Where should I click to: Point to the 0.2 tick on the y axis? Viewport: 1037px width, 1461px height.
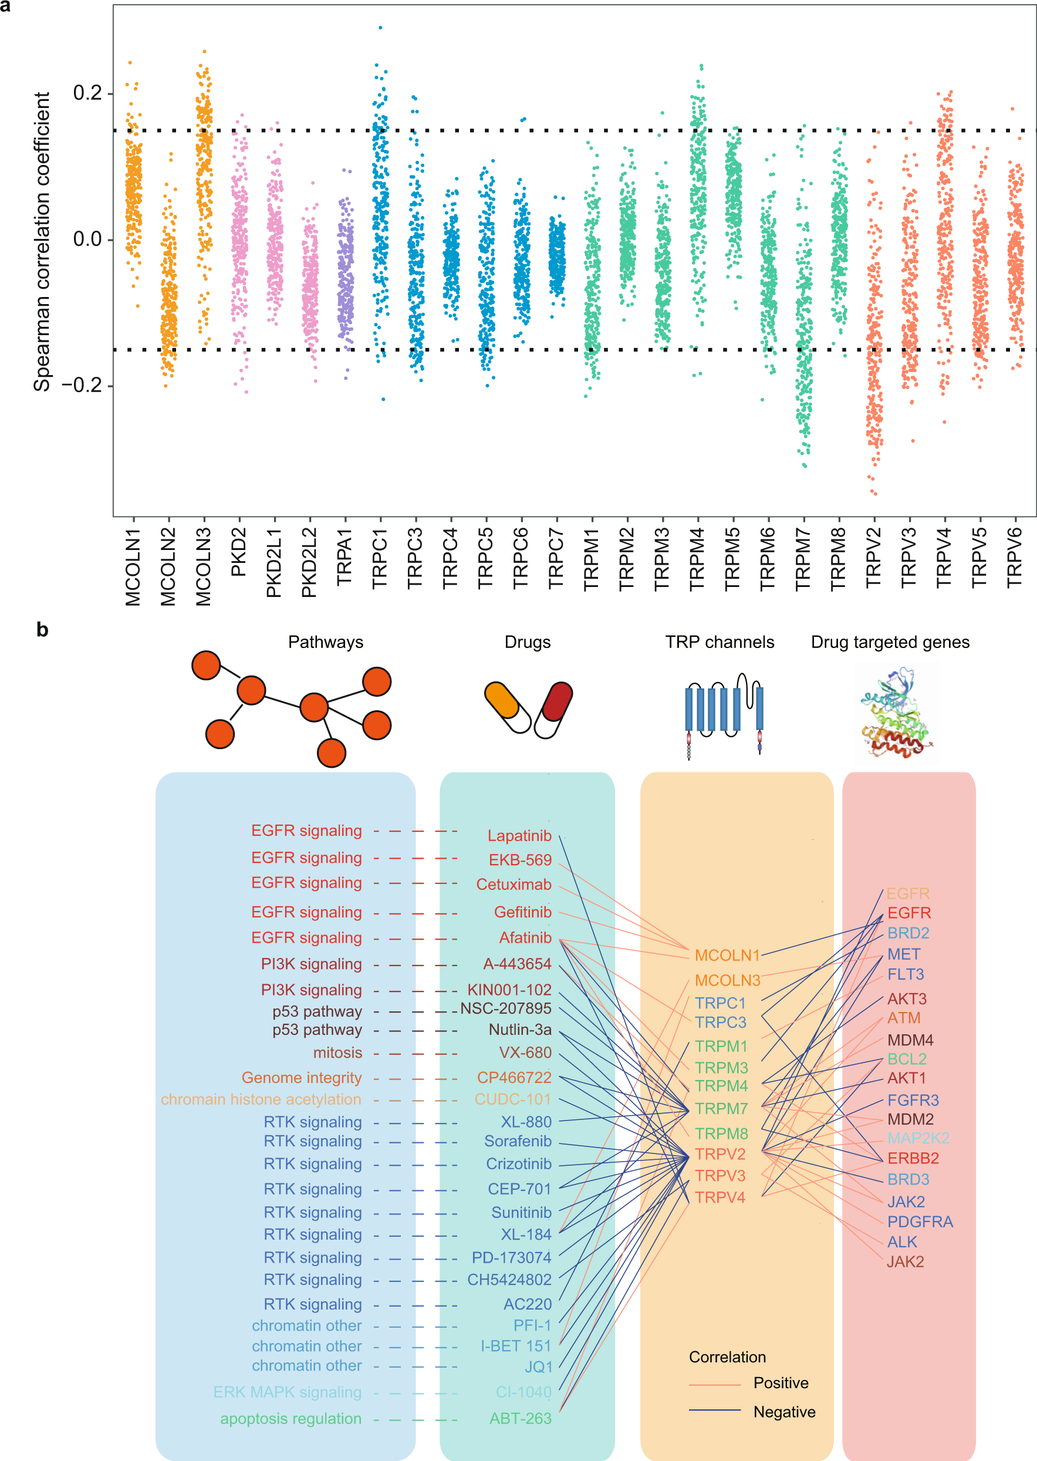pos(87,93)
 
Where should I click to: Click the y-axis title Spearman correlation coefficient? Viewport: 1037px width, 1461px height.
pos(42,241)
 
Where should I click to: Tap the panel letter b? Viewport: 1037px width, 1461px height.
pos(42,630)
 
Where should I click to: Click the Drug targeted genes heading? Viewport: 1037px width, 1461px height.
pos(890,642)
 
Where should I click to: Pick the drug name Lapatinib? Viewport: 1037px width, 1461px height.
pos(519,835)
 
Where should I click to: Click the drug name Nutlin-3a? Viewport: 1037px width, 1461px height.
pos(520,1030)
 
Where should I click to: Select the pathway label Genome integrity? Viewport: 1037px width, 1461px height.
pos(302,1077)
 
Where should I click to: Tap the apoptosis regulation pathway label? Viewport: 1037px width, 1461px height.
pos(291,1418)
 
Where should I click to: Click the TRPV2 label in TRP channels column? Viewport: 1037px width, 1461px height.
pos(720,1154)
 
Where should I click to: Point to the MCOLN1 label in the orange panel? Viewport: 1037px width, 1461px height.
pos(727,955)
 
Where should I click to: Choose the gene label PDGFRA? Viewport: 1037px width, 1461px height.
pos(920,1222)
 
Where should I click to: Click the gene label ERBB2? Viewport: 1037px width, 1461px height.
pos(913,1158)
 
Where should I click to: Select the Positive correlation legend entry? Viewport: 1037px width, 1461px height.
pos(781,1382)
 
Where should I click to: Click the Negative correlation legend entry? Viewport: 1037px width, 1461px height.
pos(783,1412)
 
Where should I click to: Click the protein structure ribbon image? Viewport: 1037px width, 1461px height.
pos(897,713)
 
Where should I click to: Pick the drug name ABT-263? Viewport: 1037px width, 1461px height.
pos(520,1418)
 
